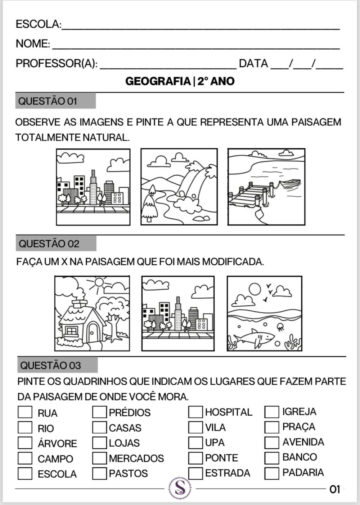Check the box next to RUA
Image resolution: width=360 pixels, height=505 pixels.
tap(25, 412)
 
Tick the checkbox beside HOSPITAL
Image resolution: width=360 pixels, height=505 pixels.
tap(195, 412)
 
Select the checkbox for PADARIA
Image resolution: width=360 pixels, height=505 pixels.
tap(272, 473)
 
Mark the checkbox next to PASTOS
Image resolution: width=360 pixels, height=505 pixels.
tap(99, 473)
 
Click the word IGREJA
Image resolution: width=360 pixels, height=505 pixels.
tap(299, 411)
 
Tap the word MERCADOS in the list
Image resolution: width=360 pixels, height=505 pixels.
tap(136, 458)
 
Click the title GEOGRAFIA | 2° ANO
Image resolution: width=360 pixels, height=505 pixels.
tap(180, 81)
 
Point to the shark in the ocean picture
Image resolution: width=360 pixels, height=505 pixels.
tap(256, 338)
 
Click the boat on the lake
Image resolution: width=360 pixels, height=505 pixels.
tap(290, 183)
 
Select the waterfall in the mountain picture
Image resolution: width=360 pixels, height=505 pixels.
tap(189, 184)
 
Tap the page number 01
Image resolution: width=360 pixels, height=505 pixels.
tap(334, 489)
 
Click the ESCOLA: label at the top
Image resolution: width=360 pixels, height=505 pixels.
tap(38, 24)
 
